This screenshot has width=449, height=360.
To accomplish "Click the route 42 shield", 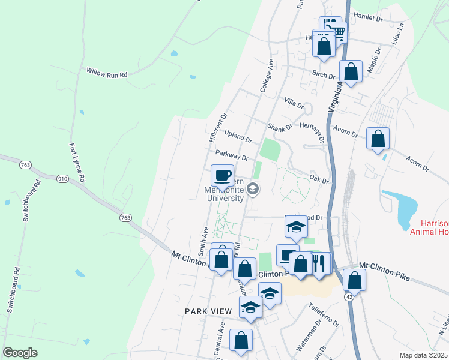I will pos(349,297).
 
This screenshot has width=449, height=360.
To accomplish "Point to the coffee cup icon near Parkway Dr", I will pos(222,175).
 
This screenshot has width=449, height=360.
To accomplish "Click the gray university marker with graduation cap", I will pos(253,189).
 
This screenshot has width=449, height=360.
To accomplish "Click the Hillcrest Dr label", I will pos(218,127).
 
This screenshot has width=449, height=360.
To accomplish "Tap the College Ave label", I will pos(267,76).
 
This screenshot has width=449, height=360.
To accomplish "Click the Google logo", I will pos(20,352).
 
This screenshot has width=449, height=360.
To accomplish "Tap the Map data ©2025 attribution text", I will pos(423,355).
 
